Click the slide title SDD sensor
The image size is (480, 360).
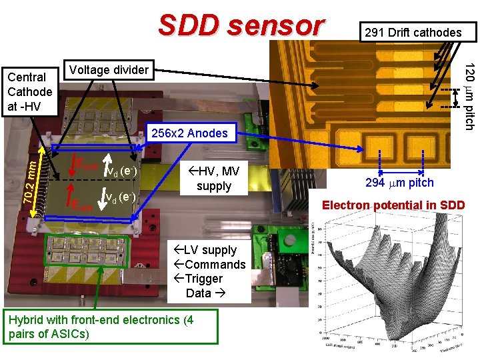pyautogui.click(x=241, y=25)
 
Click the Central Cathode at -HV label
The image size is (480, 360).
pyautogui.click(x=29, y=91)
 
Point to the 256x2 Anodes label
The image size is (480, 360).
pyautogui.click(x=189, y=133)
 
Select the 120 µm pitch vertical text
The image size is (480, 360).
pyautogui.click(x=469, y=97)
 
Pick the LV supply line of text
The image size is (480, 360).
pyautogui.click(x=209, y=250)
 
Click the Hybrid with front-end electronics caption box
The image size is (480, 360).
pyautogui.click(x=109, y=327)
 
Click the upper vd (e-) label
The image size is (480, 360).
pyautogui.click(x=121, y=171)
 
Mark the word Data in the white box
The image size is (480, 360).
pyautogui.click(x=203, y=293)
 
